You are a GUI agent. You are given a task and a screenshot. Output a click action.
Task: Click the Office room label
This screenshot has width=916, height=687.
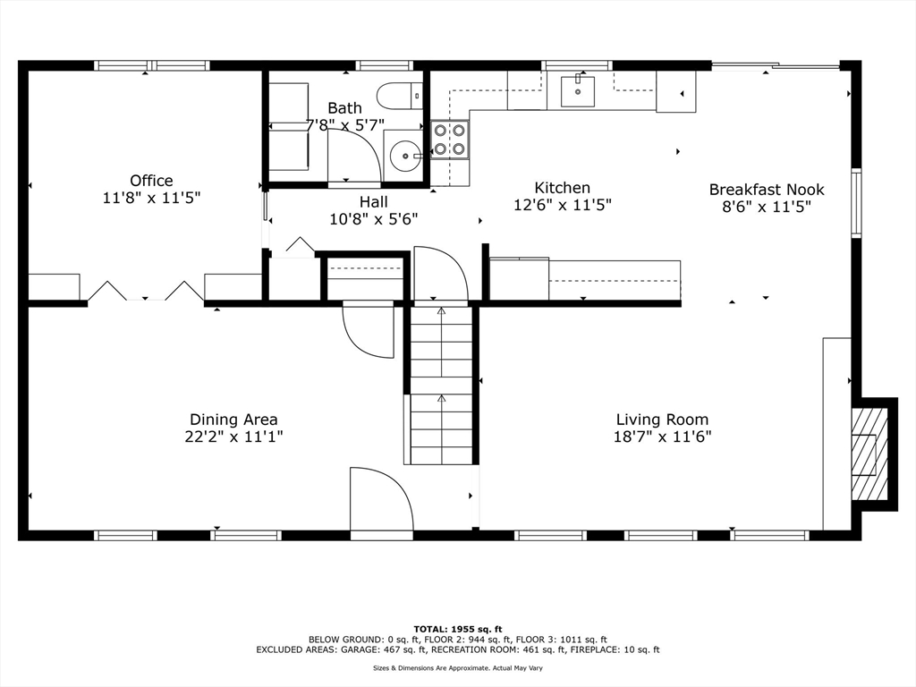(151, 181)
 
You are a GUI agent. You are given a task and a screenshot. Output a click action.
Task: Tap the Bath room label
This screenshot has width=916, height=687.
(344, 108)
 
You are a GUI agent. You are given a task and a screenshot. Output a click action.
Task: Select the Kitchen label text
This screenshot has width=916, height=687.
(563, 188)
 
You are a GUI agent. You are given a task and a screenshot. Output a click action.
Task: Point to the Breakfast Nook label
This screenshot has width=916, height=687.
(767, 190)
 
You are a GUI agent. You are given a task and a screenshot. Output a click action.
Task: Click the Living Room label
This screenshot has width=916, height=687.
(663, 420)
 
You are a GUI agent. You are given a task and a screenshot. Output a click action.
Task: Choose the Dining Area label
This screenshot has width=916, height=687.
(233, 420)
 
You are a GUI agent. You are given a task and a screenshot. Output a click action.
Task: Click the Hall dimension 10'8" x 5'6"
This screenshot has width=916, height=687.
(374, 219)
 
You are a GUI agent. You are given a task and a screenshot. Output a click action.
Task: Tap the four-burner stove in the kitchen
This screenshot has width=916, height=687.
(450, 139)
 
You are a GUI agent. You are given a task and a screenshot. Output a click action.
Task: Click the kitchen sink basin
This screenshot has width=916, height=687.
(578, 92)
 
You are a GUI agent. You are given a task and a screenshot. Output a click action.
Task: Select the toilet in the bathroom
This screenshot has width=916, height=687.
(400, 96)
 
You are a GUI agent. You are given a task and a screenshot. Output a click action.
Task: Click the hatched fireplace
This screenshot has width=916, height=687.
(870, 454)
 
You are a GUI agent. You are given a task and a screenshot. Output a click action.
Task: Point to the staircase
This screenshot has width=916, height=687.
(441, 385)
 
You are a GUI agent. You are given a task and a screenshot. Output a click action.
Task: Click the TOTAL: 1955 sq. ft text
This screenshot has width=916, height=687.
(458, 629)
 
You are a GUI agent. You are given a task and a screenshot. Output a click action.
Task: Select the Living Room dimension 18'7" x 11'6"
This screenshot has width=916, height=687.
(663, 437)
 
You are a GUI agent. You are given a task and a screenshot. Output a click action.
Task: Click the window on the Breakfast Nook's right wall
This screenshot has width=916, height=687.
(856, 203)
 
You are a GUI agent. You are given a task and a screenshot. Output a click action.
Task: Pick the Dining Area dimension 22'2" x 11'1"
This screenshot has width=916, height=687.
(233, 437)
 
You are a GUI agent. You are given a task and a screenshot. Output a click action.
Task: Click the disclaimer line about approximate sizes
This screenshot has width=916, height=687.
(458, 667)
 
